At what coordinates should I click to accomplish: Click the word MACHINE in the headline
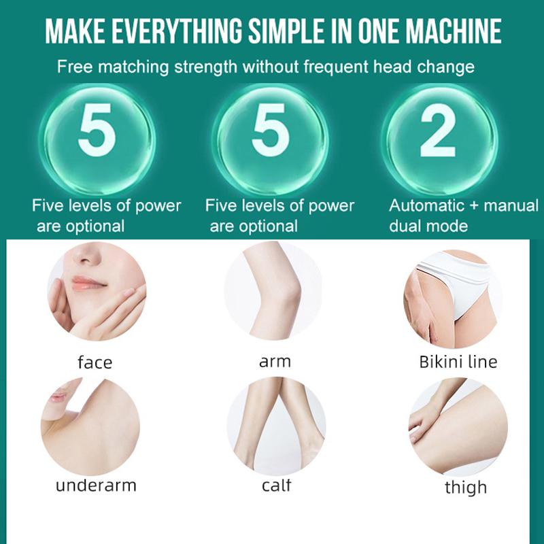(454, 31)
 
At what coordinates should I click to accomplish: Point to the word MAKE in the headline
(75, 31)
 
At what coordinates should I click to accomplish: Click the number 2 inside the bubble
(437, 131)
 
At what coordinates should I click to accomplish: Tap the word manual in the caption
(511, 206)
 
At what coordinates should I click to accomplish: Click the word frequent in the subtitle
(335, 67)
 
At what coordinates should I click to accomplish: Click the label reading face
(95, 362)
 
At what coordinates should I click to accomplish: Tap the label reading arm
(275, 362)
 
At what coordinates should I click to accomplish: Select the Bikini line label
(458, 362)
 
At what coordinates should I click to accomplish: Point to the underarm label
(96, 486)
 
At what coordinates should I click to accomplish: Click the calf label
(276, 485)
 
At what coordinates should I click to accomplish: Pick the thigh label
(466, 488)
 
